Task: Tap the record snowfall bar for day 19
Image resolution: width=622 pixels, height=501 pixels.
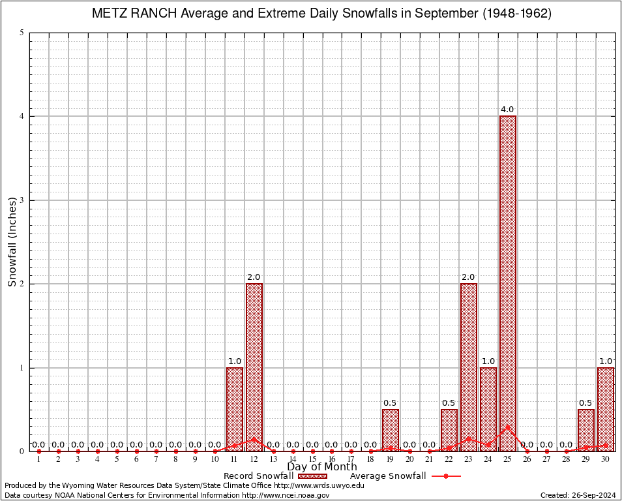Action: point(391,431)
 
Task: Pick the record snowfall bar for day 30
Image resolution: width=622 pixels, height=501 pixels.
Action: point(606,410)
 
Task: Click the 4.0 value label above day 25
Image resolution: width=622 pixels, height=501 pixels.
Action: point(507,110)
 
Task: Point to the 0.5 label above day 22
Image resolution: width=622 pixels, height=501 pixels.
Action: point(449,402)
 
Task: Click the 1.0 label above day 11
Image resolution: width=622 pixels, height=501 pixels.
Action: point(235,361)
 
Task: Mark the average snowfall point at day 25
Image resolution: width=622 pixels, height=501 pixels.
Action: point(508,427)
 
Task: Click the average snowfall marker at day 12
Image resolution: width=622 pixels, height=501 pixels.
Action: point(254,439)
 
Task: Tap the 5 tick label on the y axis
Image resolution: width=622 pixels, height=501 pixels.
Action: point(22,33)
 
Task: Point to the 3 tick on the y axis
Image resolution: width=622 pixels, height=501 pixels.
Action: point(22,200)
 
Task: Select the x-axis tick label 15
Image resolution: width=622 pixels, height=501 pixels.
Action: point(312,460)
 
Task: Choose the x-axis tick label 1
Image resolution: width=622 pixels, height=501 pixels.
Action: point(39,460)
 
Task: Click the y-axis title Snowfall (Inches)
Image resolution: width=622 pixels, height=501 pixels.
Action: point(12,241)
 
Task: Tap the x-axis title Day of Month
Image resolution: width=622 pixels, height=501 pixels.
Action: point(322,467)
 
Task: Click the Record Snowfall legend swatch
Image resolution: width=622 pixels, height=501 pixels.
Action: point(312,476)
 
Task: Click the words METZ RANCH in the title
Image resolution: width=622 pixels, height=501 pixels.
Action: point(132,13)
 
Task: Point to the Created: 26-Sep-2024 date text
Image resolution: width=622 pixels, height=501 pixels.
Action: point(578,495)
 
